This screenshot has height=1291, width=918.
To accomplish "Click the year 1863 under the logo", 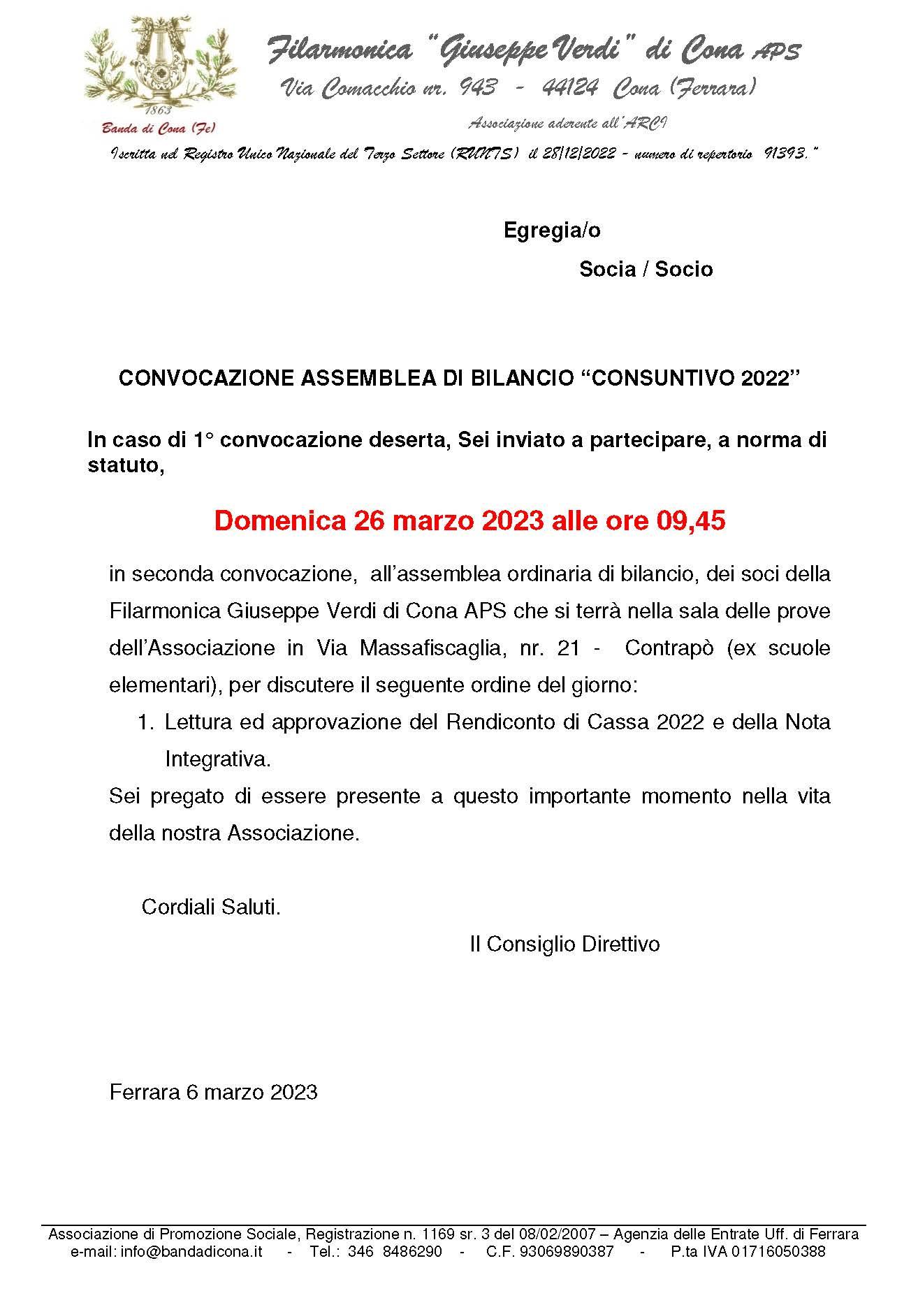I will point(159,111).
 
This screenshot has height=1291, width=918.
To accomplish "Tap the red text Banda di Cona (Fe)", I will point(159,127).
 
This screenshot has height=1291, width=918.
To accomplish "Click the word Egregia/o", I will point(552,231).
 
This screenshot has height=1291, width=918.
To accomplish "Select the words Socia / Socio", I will point(646,270).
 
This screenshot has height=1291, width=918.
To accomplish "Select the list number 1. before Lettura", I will point(144,722).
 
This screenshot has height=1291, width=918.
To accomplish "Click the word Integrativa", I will point(217,759).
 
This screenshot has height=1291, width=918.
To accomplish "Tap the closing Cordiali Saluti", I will point(211,907).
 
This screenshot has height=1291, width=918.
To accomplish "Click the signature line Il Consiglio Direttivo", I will point(564,944).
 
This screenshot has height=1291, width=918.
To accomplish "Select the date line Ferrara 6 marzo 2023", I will point(214,1092).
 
